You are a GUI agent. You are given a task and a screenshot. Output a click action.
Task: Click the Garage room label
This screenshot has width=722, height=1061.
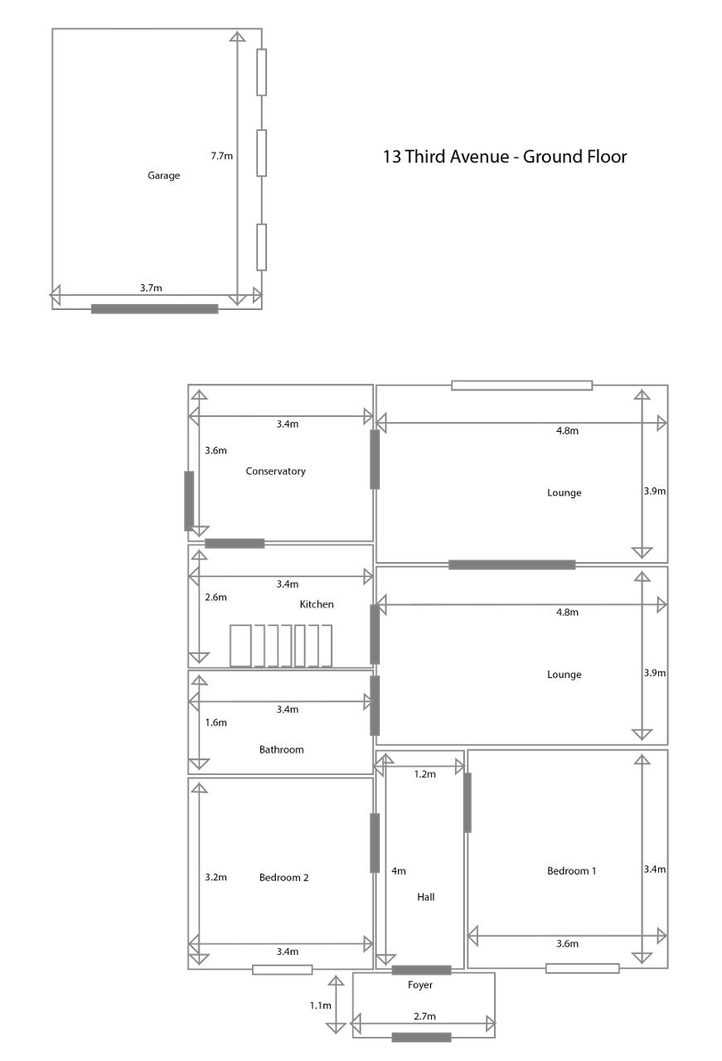pos(163,176)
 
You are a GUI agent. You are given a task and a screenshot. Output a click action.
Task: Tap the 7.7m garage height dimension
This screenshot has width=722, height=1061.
pos(221,156)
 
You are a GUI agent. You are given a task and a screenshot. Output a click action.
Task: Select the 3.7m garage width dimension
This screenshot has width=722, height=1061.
pos(151,288)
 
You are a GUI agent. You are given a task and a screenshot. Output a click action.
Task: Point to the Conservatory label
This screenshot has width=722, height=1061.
pos(275,472)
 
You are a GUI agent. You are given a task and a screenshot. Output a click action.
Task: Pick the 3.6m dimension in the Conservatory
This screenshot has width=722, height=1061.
pos(216,450)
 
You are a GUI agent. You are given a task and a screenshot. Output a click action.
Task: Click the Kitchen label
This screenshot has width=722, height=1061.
pos(317,604)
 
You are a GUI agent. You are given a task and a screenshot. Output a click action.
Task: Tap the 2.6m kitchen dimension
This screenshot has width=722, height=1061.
pos(216,598)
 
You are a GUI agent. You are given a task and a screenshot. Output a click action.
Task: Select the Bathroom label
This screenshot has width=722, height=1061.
pos(281,750)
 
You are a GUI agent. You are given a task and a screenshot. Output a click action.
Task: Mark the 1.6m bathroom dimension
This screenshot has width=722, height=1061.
pos(216,723)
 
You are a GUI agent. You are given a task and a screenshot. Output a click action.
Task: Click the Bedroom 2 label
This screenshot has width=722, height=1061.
pos(283,878)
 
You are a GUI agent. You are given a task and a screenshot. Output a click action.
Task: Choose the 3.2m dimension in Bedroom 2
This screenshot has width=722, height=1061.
pos(216,877)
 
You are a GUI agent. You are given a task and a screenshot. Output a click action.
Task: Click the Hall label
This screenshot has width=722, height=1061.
pos(425,897)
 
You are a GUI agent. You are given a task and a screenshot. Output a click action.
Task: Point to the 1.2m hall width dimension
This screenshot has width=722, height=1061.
pos(424,774)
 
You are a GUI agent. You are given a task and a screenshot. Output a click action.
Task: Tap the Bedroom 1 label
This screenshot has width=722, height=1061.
pos(571,871)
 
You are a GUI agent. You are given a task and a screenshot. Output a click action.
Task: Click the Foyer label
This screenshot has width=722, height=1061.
pos(419,986)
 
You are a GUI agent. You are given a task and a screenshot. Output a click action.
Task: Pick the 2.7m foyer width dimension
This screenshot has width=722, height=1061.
pos(424,1016)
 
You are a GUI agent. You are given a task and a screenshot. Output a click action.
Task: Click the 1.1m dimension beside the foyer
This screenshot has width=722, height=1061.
pos(320,1005)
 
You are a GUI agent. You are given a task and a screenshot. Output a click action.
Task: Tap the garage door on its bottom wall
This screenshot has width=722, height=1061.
pos(154,309)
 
